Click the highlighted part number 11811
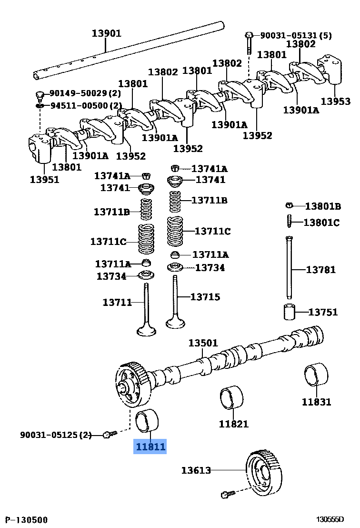[150, 447]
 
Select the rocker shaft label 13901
[106, 33]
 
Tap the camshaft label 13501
[202, 343]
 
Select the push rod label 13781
[320, 270]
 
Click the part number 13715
[205, 297]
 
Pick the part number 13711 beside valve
[117, 302]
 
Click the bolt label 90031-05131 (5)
[295, 35]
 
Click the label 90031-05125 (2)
[55, 435]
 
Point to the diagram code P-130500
[26, 519]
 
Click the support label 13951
[44, 180]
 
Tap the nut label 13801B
[323, 206]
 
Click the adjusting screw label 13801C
[321, 222]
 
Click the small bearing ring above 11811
[148, 419]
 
